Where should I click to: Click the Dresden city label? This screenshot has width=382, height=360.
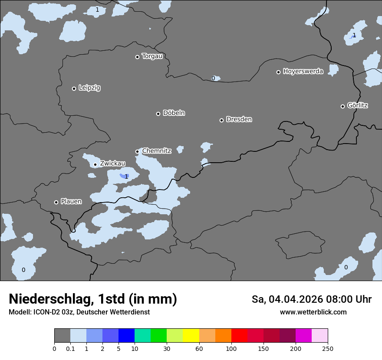tap(239, 119)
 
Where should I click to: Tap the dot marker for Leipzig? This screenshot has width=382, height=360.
tap(74, 88)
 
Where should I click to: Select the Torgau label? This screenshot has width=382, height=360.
tap(152, 56)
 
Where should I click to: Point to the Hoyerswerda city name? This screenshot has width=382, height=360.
tap(303, 72)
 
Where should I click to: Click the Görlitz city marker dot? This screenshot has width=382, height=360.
tap(342, 106)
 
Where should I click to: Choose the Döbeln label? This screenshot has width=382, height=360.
tap(174, 113)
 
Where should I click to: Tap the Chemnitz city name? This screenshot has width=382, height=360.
tap(156, 151)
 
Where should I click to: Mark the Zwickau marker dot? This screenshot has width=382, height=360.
tap(95, 164)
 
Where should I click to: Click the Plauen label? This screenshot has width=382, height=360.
tap(71, 202)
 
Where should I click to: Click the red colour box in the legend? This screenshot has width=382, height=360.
tap(239, 336)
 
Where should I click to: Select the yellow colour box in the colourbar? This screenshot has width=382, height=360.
tap(191, 336)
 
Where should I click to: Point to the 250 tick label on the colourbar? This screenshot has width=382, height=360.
tap(327, 348)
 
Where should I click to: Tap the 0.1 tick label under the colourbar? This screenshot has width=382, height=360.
tap(70, 348)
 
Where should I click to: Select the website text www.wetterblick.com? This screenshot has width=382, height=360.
tap(313, 312)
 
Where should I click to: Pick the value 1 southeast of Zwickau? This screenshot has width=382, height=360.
tap(126, 177)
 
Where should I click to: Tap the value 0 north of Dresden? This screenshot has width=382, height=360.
tap(213, 78)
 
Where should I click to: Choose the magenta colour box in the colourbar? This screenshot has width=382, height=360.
tap(303, 336)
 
